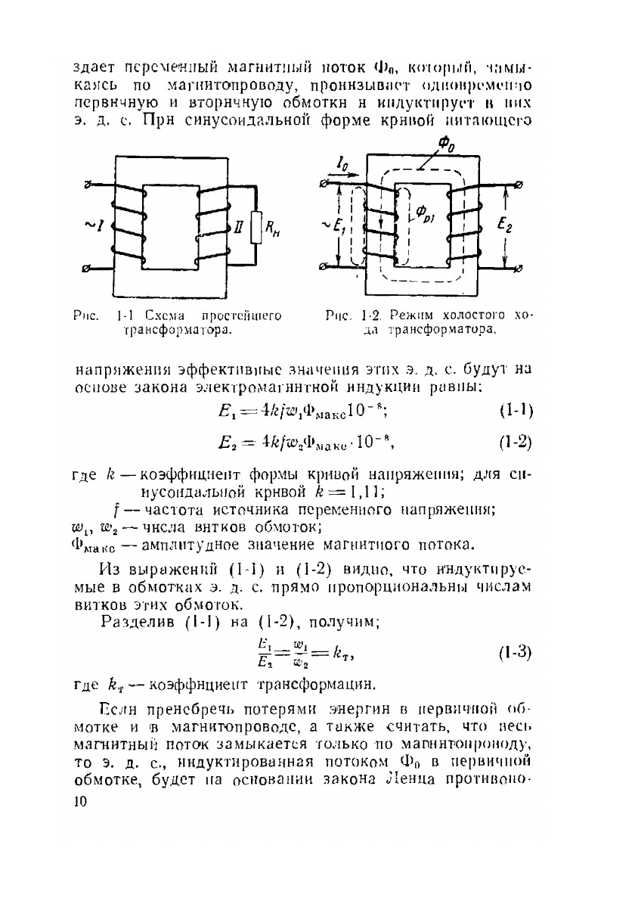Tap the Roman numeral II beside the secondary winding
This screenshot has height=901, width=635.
coord(237,227)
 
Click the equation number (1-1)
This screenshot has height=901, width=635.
coord(517,412)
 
